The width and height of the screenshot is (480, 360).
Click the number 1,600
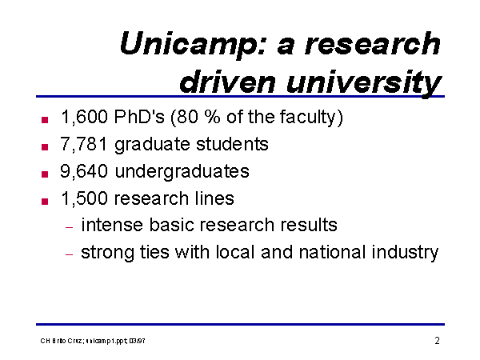coord(85,118)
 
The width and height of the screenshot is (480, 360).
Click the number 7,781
coord(84,144)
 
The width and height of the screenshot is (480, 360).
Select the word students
coord(232,144)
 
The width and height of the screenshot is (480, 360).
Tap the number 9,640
coord(84,171)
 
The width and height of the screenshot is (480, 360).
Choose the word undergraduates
coord(182,172)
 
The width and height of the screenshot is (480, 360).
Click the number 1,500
coord(85,198)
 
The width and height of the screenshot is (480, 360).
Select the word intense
coord(112,225)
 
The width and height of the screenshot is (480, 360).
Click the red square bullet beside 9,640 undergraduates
coord(45,174)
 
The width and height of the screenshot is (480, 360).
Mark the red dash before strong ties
coord(70,254)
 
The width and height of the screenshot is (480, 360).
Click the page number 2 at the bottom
coord(437,341)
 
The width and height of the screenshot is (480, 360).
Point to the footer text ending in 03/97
coord(93,341)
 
